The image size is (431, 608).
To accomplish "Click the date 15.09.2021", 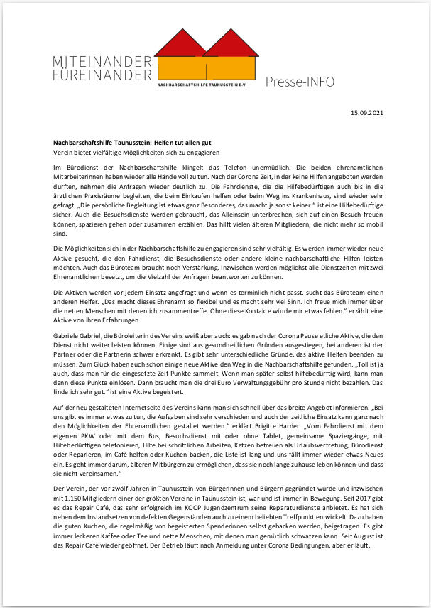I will [367, 112].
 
